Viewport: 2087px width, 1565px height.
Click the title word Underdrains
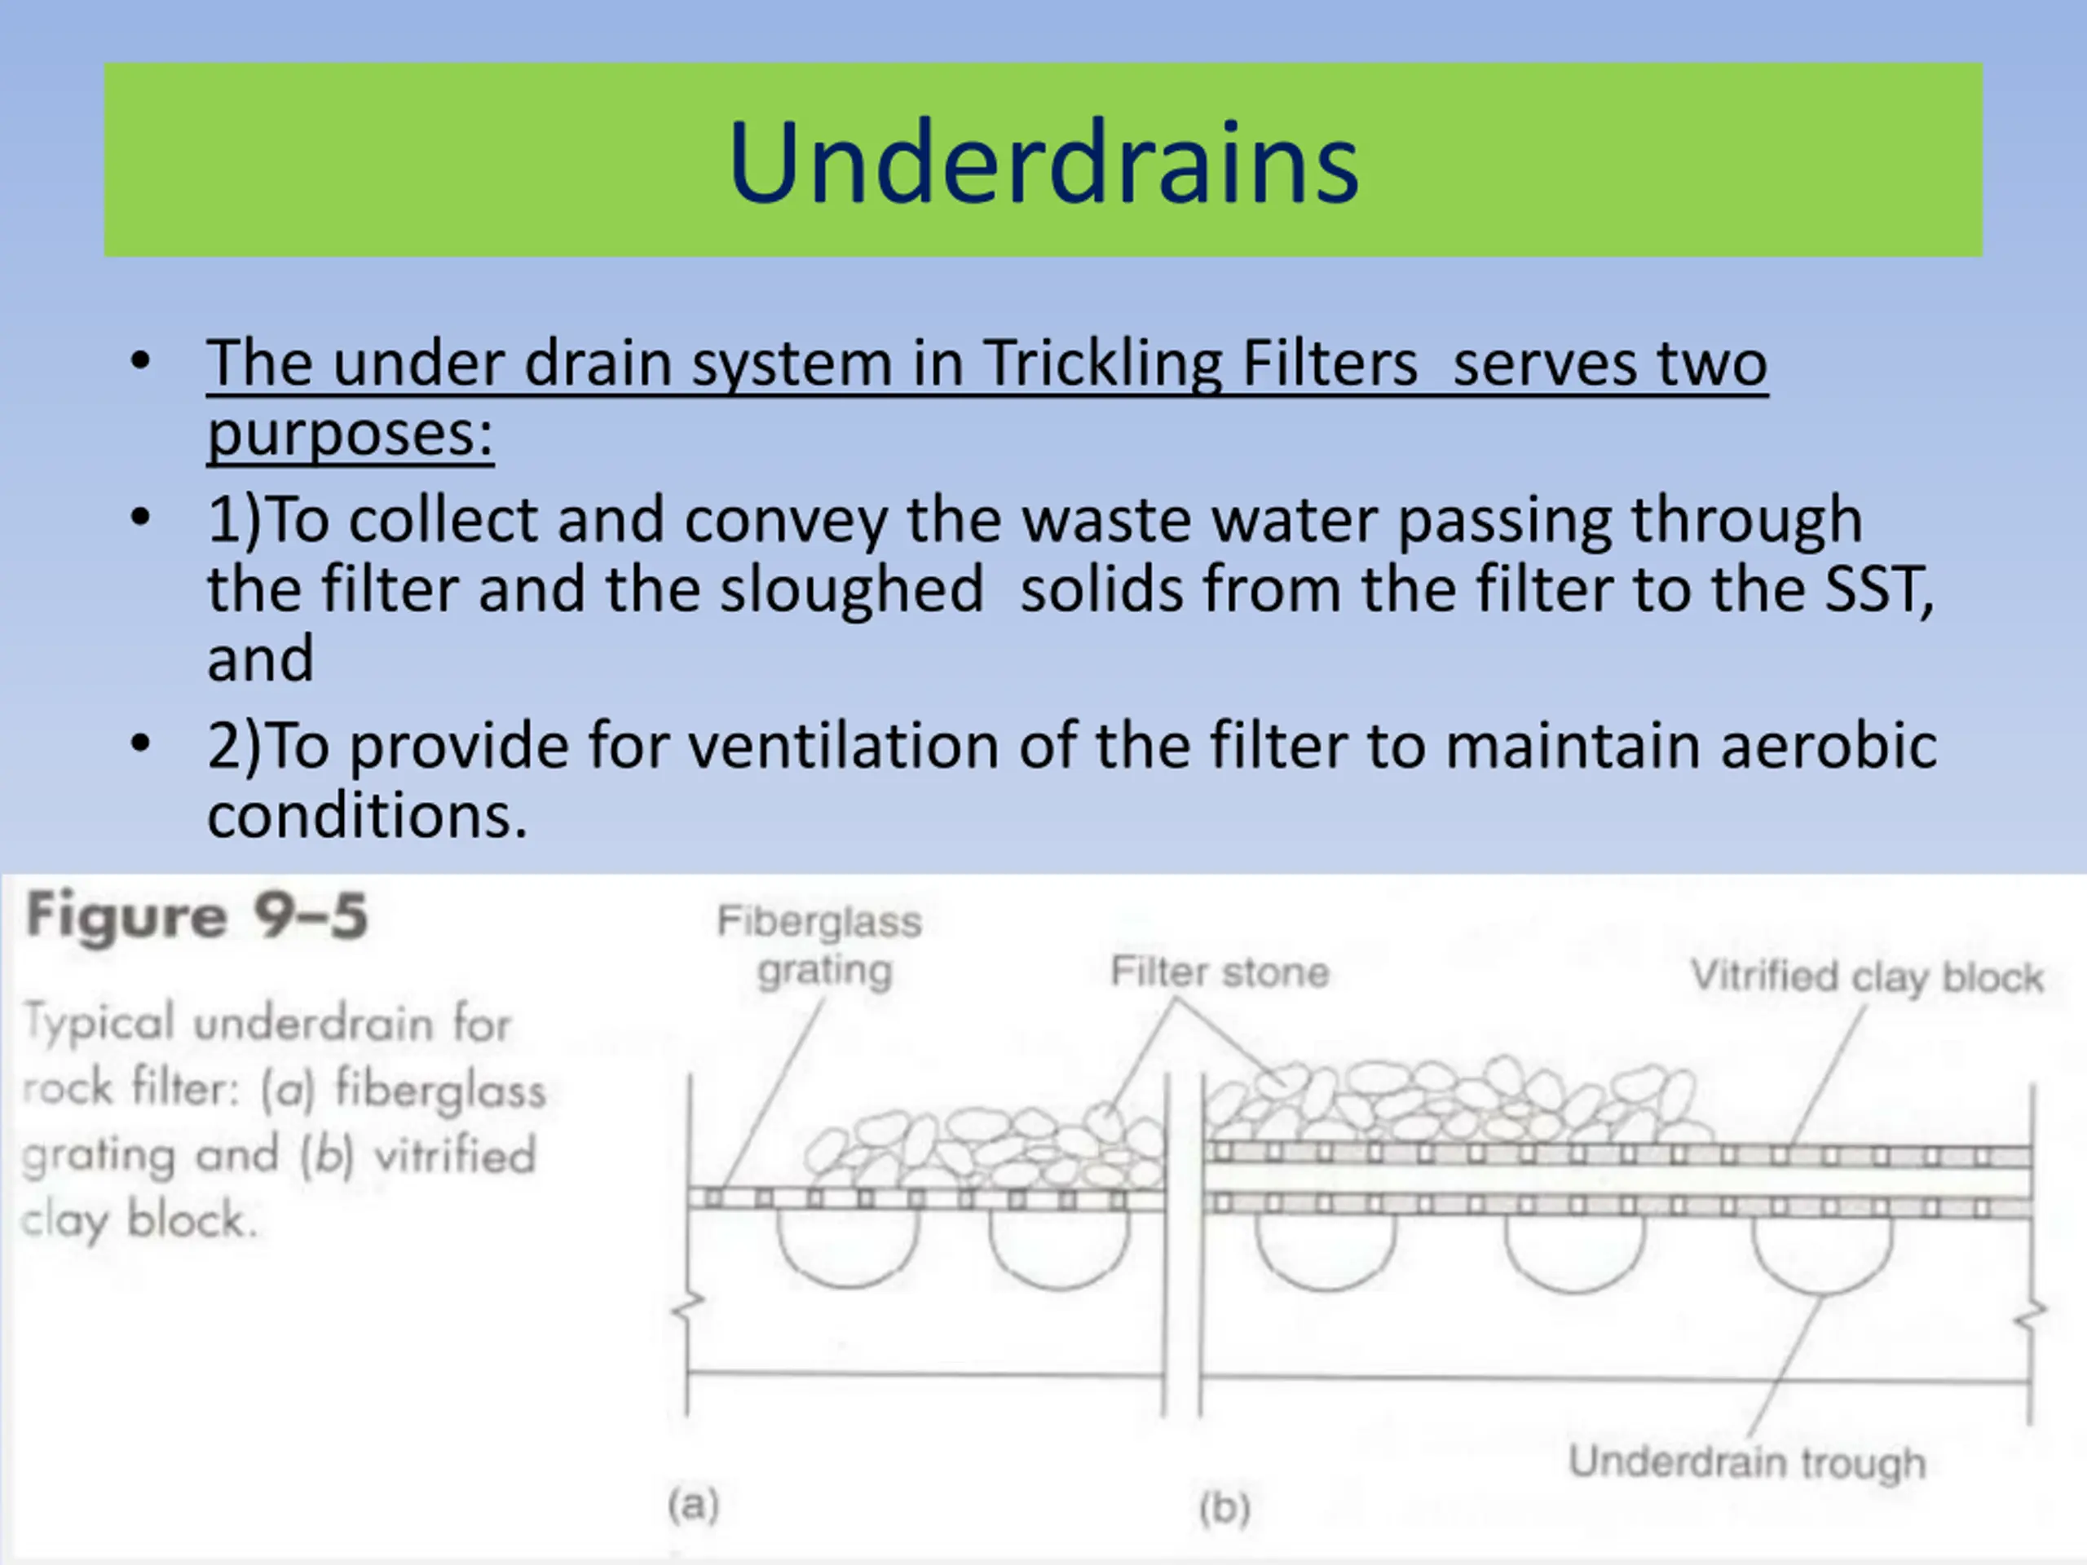point(1043,162)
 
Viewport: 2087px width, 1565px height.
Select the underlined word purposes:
point(350,435)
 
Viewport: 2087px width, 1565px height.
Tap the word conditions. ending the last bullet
point(366,816)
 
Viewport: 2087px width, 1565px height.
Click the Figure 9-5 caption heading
point(196,916)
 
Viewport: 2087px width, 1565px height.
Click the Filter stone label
point(1219,972)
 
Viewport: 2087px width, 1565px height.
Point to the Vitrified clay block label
point(1866,977)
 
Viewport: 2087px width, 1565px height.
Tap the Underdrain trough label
point(1746,1462)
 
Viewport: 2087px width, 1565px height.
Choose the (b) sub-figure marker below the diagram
point(1224,1507)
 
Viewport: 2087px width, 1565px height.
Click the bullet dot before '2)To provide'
point(140,744)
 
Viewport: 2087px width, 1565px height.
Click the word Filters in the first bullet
point(1330,364)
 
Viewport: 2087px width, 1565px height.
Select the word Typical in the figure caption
point(99,1023)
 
